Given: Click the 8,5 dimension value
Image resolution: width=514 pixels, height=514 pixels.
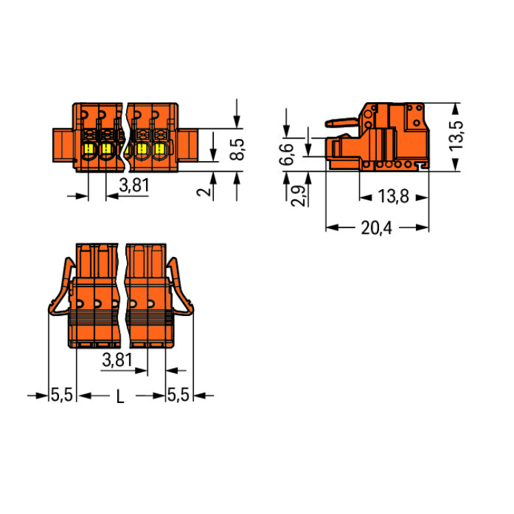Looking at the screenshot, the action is pyautogui.click(x=237, y=149).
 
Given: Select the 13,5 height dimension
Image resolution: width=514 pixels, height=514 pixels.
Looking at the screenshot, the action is pyautogui.click(x=456, y=136).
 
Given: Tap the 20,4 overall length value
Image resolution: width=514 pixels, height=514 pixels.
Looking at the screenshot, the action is pyautogui.click(x=376, y=228).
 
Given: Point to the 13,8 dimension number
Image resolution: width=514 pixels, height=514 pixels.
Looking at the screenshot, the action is pyautogui.click(x=393, y=197).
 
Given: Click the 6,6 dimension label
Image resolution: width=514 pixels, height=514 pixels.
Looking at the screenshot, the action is pyautogui.click(x=286, y=154).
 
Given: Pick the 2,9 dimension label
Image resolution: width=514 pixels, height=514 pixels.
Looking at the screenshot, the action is pyautogui.click(x=297, y=196).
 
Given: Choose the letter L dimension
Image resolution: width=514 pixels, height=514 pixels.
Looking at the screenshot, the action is pyautogui.click(x=121, y=397).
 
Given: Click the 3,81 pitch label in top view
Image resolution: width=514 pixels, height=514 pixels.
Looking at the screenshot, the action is pyautogui.click(x=134, y=185).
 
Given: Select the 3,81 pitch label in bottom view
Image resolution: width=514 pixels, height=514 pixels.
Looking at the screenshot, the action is pyautogui.click(x=117, y=360).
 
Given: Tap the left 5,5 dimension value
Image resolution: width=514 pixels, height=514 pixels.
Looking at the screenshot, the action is pyautogui.click(x=62, y=395).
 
